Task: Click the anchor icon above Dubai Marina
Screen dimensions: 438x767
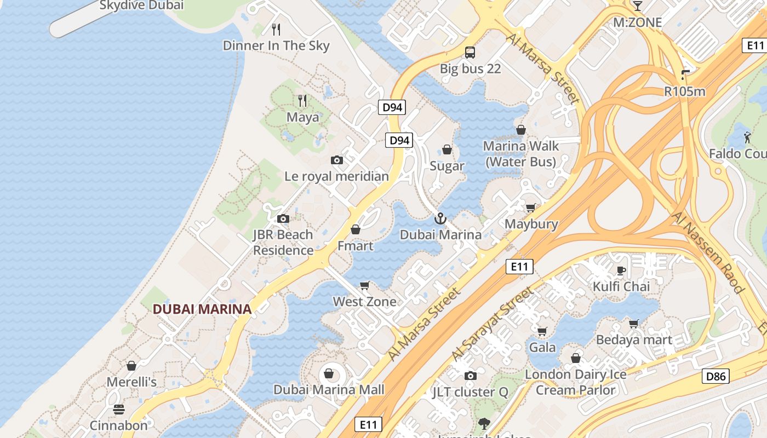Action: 440,218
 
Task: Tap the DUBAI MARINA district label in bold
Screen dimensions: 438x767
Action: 202,309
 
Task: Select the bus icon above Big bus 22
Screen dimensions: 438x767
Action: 470,53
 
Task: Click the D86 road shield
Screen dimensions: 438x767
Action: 716,376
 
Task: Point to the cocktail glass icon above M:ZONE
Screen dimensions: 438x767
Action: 637,5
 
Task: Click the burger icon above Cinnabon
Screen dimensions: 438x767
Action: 118,410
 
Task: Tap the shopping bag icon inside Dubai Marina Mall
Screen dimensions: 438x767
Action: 329,373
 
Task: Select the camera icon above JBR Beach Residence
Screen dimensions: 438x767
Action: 283,218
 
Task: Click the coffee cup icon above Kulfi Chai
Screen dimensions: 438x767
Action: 621,270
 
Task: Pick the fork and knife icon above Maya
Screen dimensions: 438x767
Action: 302,100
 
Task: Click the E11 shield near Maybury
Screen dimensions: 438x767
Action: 519,267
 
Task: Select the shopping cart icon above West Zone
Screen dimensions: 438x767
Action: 365,285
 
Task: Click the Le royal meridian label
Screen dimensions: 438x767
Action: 336,176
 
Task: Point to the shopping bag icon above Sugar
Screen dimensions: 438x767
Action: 447,149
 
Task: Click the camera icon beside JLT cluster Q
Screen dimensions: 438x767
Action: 470,376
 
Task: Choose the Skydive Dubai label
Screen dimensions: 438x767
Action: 141,5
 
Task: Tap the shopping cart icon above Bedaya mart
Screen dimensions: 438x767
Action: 634,324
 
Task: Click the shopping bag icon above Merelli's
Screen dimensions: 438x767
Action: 131,366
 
